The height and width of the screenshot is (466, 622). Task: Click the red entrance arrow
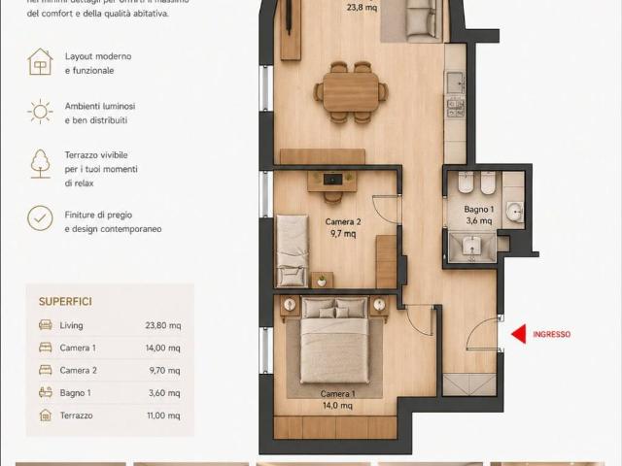click(x=519, y=334)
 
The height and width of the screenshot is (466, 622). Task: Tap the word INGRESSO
click(x=551, y=334)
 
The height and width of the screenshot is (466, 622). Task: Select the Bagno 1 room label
click(x=479, y=209)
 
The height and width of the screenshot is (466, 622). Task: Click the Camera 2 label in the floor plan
click(x=343, y=221)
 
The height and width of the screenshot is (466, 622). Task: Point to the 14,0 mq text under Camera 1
click(x=337, y=406)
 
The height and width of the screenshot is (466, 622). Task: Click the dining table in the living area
click(x=351, y=92)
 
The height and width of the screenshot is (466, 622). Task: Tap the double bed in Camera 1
click(x=334, y=340)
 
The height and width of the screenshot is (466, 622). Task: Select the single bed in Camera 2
click(x=293, y=250)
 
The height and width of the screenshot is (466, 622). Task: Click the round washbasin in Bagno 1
click(x=514, y=211)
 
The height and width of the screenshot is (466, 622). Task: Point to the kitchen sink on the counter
click(x=455, y=83)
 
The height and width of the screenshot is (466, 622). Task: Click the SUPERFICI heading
click(x=65, y=302)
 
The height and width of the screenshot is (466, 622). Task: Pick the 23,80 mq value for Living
click(x=163, y=325)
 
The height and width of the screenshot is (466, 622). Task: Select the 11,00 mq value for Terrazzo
click(x=163, y=416)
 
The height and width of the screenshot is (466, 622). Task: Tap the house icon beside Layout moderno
click(x=40, y=62)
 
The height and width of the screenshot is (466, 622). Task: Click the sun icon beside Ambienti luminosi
click(x=40, y=112)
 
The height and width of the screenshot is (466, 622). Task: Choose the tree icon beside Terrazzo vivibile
click(x=41, y=164)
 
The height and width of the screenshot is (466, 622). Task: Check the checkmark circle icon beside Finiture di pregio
click(x=40, y=218)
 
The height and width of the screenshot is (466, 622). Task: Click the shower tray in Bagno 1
click(x=472, y=248)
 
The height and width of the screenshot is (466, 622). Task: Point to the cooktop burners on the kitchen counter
click(x=456, y=108)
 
